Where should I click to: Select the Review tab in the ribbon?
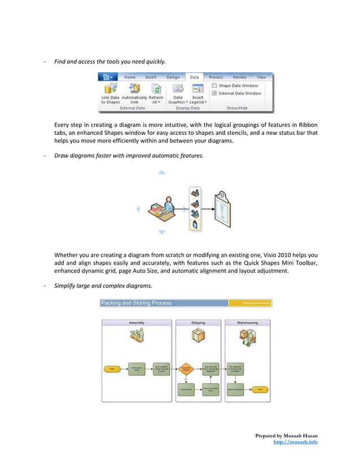point(239,77)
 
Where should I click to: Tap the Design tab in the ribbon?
point(173,77)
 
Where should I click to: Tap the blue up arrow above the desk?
point(162,173)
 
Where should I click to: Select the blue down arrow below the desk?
point(162,232)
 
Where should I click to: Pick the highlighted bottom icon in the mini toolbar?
point(195,225)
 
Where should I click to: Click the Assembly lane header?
point(137,323)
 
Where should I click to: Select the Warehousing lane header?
point(247,323)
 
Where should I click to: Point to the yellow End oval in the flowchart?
point(260,389)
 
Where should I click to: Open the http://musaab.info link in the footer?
point(295,442)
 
